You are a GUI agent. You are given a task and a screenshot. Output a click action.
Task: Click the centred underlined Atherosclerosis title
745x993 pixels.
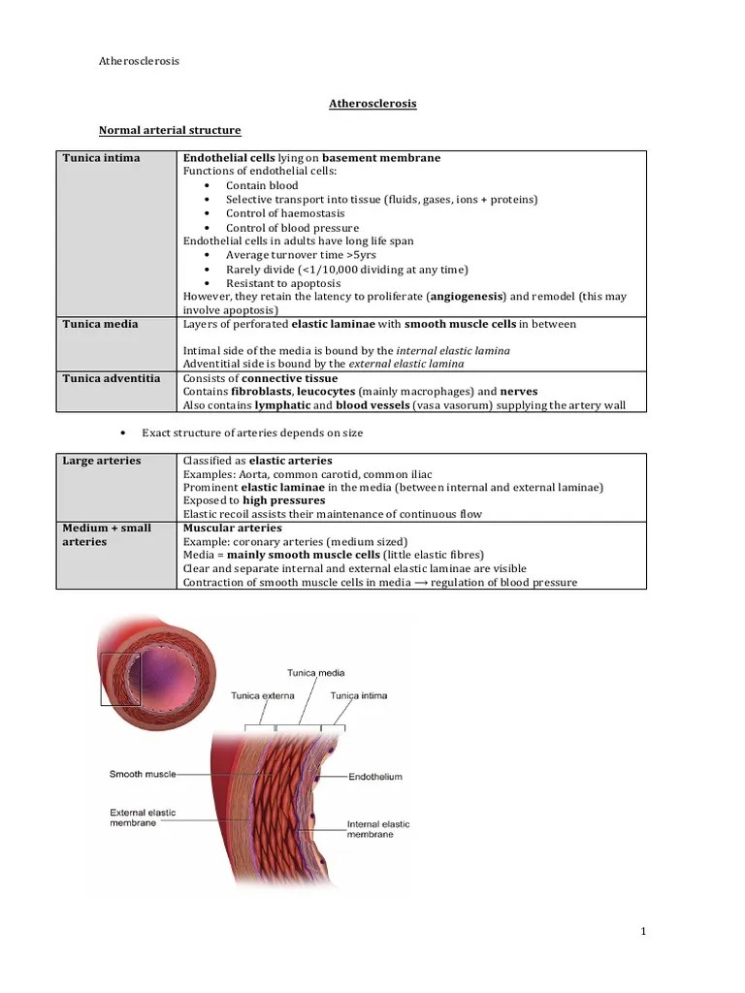coord(372,103)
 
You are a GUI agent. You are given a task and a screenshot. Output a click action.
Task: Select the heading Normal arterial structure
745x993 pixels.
coord(171,130)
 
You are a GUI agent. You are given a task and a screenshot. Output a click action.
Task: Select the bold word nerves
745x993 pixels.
coord(518,391)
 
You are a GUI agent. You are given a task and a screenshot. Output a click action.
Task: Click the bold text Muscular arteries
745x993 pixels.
coord(232,528)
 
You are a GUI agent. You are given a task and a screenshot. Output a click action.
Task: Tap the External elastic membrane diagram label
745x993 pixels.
coord(143,817)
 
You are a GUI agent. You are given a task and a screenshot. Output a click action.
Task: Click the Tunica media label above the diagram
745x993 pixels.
coord(315,672)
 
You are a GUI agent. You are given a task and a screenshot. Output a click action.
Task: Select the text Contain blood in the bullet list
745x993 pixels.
coord(262,185)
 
